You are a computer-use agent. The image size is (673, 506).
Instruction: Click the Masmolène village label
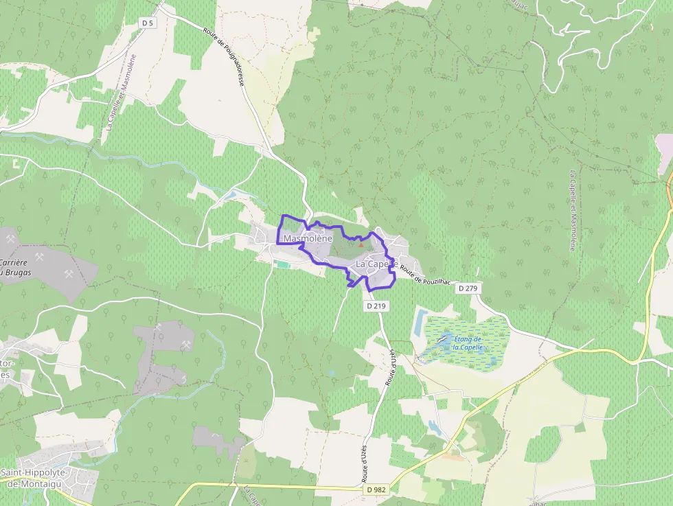click(x=308, y=238)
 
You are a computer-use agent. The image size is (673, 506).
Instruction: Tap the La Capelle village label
click(x=376, y=264)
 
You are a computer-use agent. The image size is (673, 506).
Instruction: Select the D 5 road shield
click(x=146, y=23)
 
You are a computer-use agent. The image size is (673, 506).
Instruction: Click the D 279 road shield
click(x=467, y=288)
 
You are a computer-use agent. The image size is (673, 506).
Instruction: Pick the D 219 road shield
click(x=375, y=306)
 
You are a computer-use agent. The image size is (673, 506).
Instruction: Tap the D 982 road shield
click(x=375, y=490)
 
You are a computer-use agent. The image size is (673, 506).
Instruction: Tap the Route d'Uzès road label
click(x=390, y=371)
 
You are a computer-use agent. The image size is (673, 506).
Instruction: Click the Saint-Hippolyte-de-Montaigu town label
click(x=39, y=478)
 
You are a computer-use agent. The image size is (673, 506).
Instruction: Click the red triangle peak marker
click(x=361, y=244)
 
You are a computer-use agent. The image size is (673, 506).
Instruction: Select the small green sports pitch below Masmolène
click(x=282, y=264)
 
